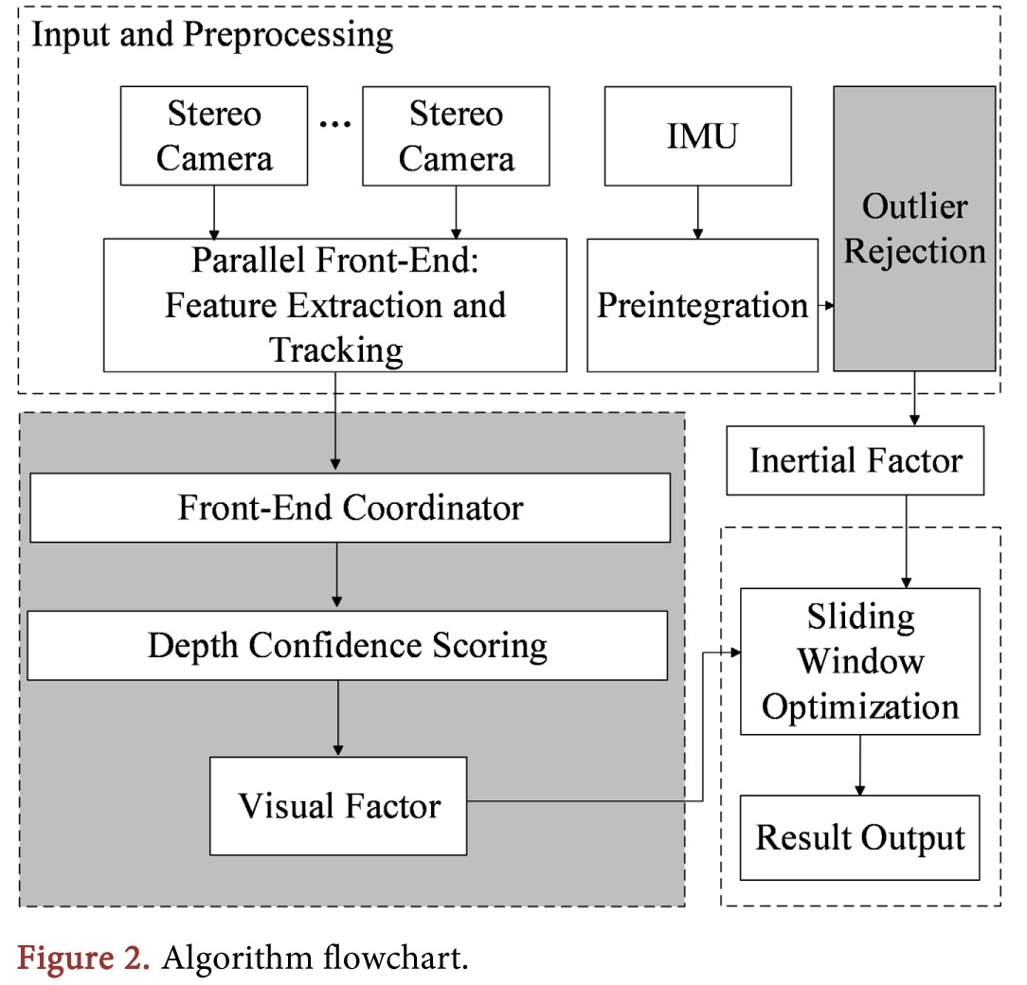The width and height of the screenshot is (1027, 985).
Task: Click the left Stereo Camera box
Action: click(214, 135)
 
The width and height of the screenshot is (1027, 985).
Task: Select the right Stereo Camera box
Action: click(456, 135)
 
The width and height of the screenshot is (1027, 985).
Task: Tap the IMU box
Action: click(699, 135)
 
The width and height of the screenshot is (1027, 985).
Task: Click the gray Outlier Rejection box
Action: click(914, 228)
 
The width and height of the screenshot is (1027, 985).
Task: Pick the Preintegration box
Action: click(702, 305)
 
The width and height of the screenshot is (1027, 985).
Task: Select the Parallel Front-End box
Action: click(335, 305)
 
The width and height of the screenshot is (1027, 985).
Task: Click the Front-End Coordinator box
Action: click(350, 508)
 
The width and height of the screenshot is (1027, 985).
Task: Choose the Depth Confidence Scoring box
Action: click(347, 646)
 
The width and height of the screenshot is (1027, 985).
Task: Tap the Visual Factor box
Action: click(338, 805)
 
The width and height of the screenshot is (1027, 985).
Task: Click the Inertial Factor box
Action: click(856, 460)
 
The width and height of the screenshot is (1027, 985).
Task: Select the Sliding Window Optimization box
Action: click(859, 661)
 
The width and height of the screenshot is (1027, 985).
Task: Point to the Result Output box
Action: click(859, 838)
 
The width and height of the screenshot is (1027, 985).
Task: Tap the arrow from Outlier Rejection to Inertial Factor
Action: click(914, 398)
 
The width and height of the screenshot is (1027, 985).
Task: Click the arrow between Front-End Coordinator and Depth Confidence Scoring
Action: click(336, 576)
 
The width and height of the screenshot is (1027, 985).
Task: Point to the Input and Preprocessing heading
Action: click(212, 35)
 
